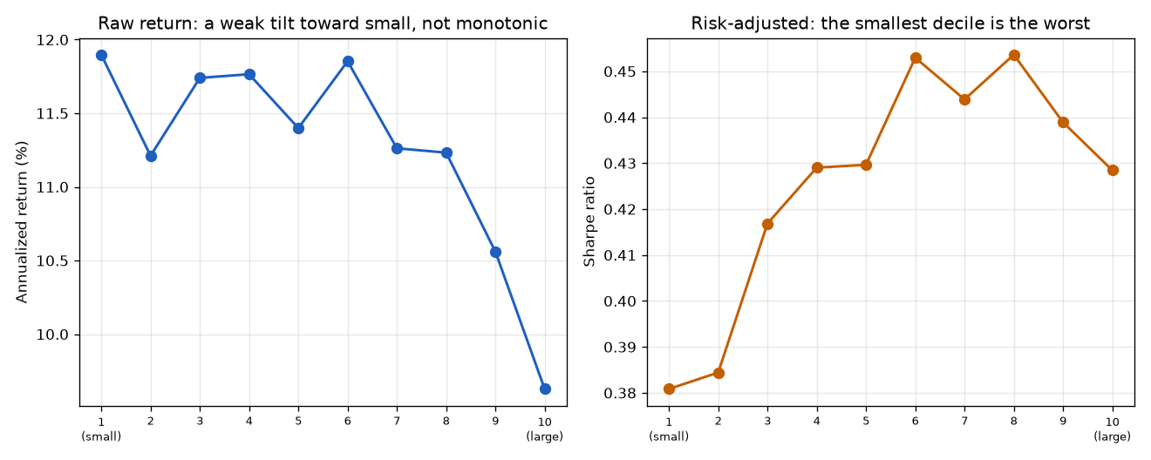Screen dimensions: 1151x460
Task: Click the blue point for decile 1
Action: [x=101, y=56]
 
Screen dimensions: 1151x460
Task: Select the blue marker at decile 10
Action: [x=545, y=389]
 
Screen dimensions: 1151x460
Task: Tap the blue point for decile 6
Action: [x=348, y=62]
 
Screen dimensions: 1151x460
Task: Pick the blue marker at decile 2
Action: [x=151, y=156]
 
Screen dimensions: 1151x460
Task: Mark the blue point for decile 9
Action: [x=496, y=252]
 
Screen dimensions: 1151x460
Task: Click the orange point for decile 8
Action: [x=1014, y=56]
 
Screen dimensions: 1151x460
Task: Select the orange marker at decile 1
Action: [x=669, y=389]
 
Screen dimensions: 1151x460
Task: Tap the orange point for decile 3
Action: [x=767, y=225]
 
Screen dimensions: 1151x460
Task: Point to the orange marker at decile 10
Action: [x=1113, y=171]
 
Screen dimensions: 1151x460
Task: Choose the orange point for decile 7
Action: [x=964, y=99]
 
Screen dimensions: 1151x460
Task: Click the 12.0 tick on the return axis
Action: [x=52, y=40]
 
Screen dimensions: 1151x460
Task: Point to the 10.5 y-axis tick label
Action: [x=52, y=261]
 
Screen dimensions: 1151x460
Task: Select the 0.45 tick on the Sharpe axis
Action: [x=620, y=71]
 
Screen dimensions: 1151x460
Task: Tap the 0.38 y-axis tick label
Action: [x=620, y=394]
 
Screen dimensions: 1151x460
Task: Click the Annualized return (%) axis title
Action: [x=22, y=222]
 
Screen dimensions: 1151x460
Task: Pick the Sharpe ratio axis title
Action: [x=589, y=222]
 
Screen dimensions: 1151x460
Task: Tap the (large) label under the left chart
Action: [x=545, y=436]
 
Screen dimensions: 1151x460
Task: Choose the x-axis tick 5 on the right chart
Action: [x=866, y=422]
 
